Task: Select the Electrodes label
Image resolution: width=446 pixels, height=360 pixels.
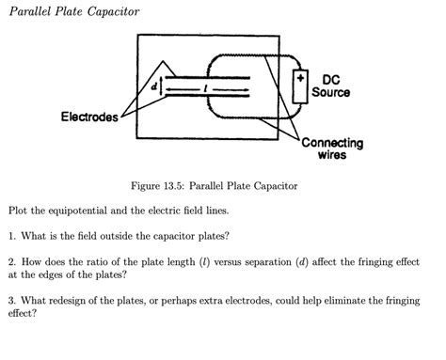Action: (89, 117)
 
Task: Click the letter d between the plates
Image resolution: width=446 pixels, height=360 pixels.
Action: (153, 86)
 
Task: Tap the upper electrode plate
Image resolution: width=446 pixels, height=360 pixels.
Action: (207, 78)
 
